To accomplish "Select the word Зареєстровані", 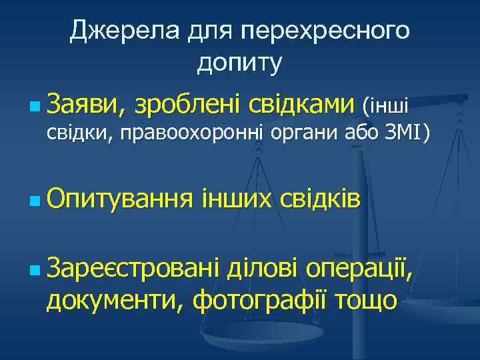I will point(133,269).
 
